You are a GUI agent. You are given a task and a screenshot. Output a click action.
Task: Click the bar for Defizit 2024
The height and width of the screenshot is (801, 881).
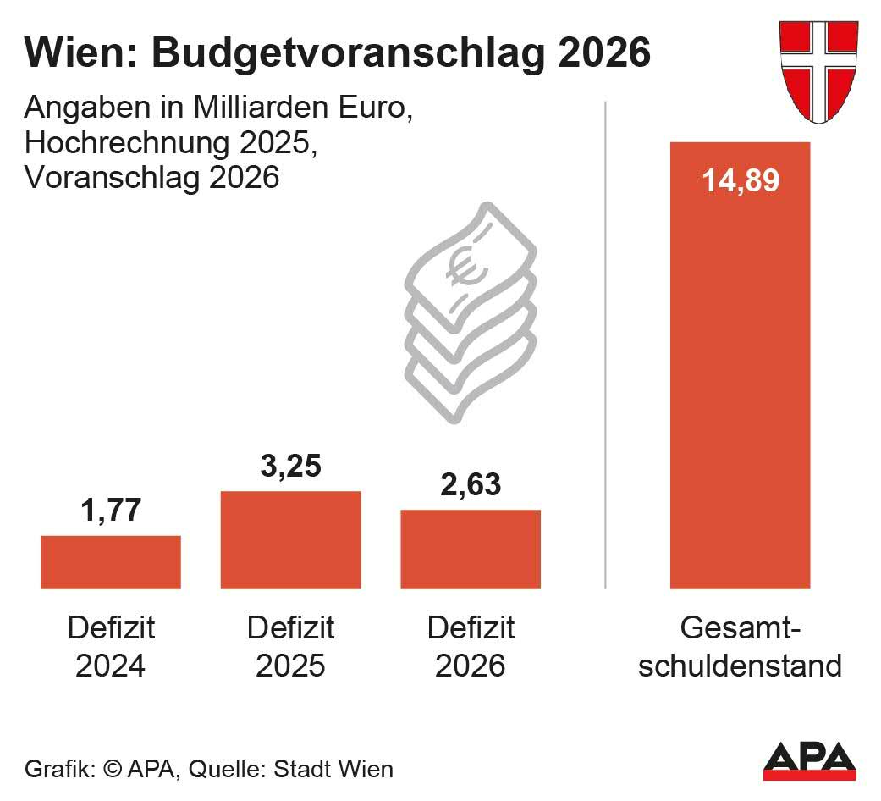[x=111, y=562]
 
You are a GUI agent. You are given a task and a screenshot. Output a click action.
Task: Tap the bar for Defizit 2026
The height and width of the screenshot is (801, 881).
[x=471, y=550]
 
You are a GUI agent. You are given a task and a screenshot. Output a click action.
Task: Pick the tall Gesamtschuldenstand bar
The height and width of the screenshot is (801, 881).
[x=740, y=381]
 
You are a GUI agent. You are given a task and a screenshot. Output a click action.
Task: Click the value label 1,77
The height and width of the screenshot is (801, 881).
[x=111, y=511]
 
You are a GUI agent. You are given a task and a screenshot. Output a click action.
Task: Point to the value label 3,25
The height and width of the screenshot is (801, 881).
[x=290, y=467]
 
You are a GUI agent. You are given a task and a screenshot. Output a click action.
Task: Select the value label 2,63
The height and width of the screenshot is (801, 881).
[x=471, y=485]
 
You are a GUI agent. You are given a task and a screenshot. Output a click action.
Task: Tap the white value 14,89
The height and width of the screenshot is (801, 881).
[x=740, y=180]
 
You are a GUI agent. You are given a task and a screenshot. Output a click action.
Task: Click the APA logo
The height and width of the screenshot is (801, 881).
[x=809, y=760]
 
